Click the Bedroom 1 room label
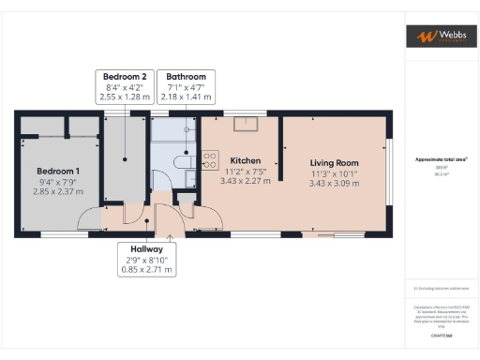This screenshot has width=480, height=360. [x=58, y=171]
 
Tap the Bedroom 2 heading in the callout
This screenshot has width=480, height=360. [x=124, y=76]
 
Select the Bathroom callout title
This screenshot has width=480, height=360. [x=186, y=76]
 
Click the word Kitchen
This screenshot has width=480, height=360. [x=244, y=160]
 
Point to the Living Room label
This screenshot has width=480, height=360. [x=336, y=162]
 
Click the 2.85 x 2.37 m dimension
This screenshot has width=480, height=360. [x=58, y=191]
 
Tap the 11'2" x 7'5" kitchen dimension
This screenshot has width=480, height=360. [x=244, y=171]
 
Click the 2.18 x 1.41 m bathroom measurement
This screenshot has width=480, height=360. [x=186, y=97]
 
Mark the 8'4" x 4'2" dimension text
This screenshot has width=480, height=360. [x=124, y=86]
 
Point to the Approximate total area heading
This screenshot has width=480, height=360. [x=439, y=159]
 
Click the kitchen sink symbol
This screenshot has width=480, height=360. [x=252, y=125]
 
